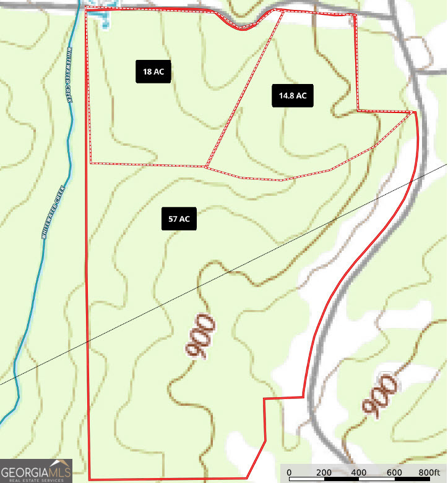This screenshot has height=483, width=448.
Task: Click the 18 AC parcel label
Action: (x=153, y=72)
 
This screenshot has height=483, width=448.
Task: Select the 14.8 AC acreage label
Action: (x=293, y=96)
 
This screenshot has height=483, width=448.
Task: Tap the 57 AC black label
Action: (x=179, y=219)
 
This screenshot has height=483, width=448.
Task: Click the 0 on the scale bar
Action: (x=289, y=472)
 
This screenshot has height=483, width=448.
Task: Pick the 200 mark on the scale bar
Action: (x=324, y=472)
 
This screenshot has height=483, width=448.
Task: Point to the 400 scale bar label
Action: (x=358, y=472)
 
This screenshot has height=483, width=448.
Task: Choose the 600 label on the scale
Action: (x=394, y=472)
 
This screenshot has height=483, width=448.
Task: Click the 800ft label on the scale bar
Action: (x=429, y=472)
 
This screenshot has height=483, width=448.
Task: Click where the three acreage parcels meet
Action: (x=205, y=166)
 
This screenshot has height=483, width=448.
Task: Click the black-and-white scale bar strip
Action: (x=359, y=479)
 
